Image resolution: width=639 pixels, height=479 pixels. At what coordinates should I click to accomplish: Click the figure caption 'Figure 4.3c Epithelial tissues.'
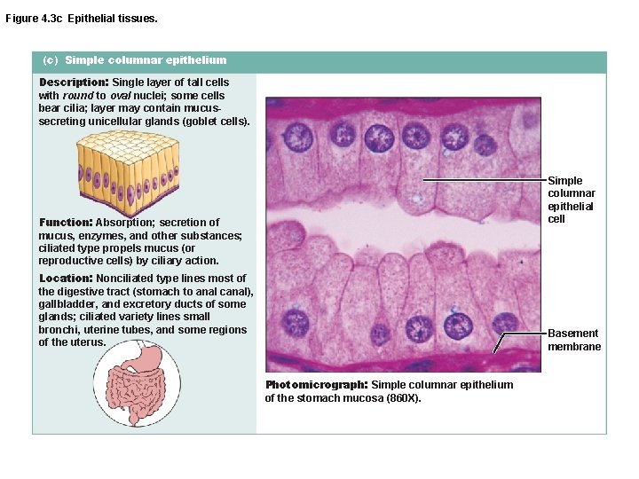[82, 18]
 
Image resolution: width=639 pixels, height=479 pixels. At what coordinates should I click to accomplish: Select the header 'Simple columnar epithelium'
[146, 60]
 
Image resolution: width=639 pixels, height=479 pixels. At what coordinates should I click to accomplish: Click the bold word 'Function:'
[66, 222]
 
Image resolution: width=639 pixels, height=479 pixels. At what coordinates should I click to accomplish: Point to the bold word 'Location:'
[66, 279]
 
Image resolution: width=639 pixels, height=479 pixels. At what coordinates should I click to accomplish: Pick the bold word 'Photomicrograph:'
[315, 385]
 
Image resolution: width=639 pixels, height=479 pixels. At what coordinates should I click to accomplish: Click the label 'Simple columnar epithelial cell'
[571, 200]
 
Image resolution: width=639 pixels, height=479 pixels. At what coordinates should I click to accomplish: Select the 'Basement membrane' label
[573, 340]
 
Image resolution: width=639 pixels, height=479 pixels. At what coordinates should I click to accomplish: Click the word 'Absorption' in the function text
[123, 223]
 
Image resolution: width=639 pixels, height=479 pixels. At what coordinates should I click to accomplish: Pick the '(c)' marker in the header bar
[50, 60]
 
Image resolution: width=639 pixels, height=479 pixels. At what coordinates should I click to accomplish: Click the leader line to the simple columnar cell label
[484, 180]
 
